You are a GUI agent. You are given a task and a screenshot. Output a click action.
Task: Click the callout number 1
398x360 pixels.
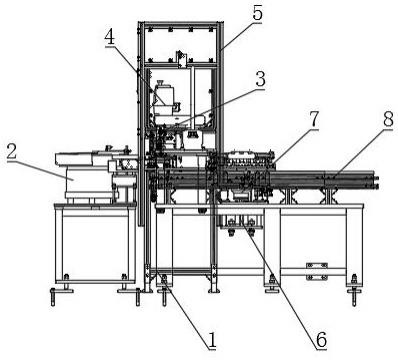(212, 340)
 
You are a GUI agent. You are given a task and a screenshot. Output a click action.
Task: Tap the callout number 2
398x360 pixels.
(12, 151)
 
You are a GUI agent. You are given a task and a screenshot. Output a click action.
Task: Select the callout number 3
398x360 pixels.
(260, 79)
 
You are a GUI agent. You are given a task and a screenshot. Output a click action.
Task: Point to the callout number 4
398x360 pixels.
(110, 37)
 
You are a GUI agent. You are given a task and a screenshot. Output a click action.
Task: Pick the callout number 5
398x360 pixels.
(257, 13)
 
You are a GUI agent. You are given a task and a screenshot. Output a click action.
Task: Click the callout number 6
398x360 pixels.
(321, 340)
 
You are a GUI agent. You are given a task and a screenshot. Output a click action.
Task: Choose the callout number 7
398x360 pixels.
(314, 119)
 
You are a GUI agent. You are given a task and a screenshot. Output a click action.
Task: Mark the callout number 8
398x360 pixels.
(388, 119)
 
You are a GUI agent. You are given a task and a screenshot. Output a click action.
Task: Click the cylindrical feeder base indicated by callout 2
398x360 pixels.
(89, 184)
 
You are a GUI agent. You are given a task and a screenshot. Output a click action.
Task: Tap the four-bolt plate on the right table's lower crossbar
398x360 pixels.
(317, 271)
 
